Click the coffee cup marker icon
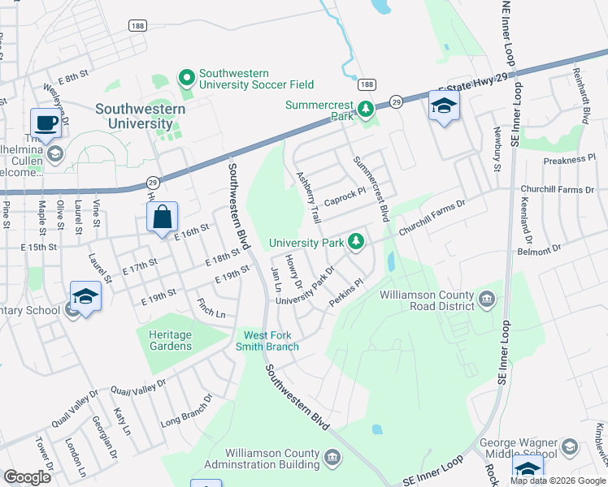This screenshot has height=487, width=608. (x=46, y=123)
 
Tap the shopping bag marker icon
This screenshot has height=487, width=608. (x=163, y=217)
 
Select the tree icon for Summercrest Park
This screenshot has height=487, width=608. (x=366, y=108)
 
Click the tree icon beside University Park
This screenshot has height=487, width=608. (x=355, y=241)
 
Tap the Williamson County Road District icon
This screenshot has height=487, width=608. (x=487, y=299)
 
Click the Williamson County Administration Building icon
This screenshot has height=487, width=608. (x=332, y=458)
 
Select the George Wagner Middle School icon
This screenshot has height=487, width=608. (x=571, y=448)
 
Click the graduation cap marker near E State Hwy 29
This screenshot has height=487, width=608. (x=445, y=106)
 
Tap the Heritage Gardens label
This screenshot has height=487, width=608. (x=170, y=340)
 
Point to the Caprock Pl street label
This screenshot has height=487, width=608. (x=346, y=198)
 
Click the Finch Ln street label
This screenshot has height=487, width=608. (x=211, y=308)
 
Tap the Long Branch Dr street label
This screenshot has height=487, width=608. (x=186, y=411)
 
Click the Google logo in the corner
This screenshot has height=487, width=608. (x=27, y=477)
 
